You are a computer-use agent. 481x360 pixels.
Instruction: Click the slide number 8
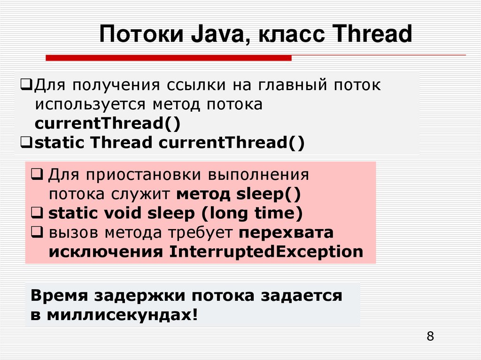[430, 337]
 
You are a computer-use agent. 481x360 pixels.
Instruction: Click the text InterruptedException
[266, 252]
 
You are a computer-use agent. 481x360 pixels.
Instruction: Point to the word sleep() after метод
[268, 194]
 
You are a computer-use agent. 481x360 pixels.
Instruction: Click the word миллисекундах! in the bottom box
[123, 315]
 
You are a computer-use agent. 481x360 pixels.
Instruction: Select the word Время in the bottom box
[59, 296]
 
